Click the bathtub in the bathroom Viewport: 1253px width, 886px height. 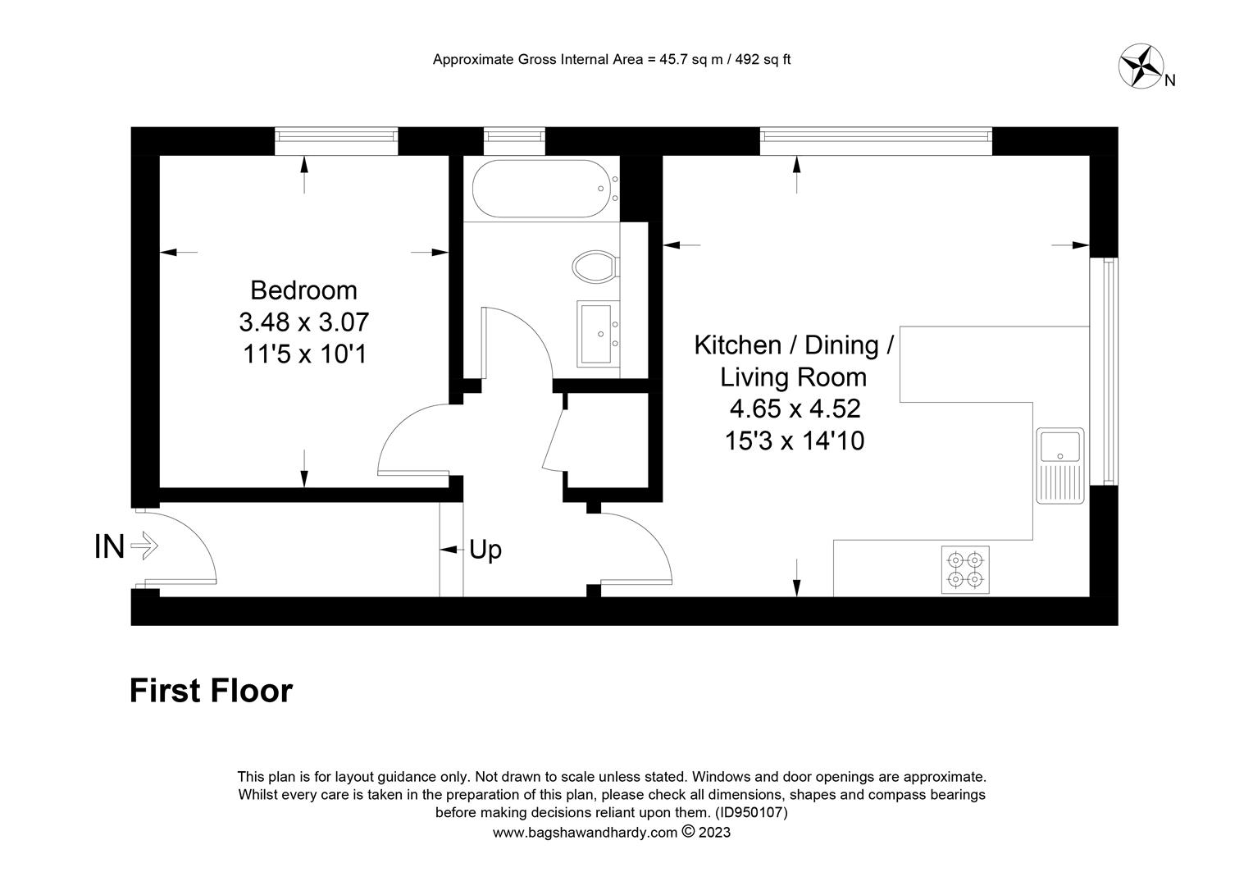click(540, 189)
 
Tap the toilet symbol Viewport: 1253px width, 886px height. click(595, 266)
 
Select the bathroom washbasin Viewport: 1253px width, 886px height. click(598, 334)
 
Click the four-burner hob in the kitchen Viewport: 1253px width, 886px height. click(965, 569)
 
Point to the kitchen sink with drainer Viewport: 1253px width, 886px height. click(1060, 466)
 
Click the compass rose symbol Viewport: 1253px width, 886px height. click(1141, 66)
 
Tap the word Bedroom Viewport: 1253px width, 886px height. click(303, 290)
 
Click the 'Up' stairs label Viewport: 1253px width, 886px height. click(485, 550)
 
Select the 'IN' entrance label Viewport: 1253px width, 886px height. click(109, 546)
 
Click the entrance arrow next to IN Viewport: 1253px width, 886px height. click(144, 546)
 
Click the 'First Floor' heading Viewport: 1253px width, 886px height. click(211, 691)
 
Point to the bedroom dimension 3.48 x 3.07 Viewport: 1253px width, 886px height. click(303, 322)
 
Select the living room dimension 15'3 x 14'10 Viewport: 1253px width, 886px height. click(795, 441)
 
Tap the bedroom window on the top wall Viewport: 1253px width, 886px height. click(336, 141)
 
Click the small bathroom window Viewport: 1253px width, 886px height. click(514, 141)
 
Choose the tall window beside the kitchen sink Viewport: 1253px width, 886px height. click(1104, 371)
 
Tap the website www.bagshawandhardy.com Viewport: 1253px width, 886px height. click(585, 833)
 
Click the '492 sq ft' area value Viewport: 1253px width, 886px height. click(763, 59)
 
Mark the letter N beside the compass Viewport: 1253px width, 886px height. click(1169, 80)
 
